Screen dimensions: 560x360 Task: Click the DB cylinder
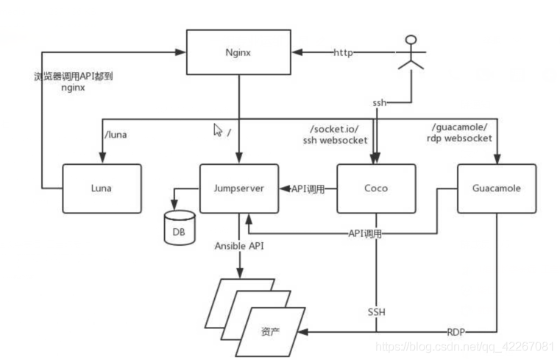(180, 228)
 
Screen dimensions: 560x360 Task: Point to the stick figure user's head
(411, 39)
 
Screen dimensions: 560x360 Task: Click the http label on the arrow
(343, 52)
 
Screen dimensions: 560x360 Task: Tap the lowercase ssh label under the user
(379, 103)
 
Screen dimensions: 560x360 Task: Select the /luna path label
(116, 135)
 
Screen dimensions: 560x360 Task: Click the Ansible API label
(239, 246)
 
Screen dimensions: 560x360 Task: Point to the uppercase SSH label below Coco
(377, 312)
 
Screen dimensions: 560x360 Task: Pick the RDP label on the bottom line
(456, 332)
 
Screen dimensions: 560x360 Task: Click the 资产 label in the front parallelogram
(270, 332)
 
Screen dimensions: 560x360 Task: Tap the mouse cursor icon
(218, 130)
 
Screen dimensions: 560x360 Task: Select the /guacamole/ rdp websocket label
(459, 133)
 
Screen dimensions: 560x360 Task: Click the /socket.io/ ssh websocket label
(335, 135)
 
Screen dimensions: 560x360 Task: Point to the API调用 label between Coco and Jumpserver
(308, 189)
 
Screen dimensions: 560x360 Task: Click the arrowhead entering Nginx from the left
(181, 52)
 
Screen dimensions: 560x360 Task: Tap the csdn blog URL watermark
(464, 347)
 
